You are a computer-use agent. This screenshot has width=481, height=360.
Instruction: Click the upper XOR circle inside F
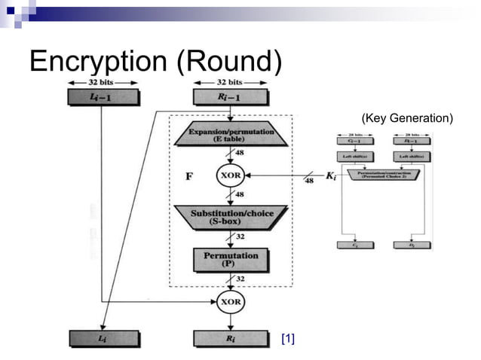tap(229, 175)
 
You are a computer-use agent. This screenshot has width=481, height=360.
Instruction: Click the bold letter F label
tap(189, 176)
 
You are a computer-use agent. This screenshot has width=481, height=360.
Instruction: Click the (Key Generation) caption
tap(406, 118)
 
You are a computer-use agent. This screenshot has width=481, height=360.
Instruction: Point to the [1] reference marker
tap(287, 339)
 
